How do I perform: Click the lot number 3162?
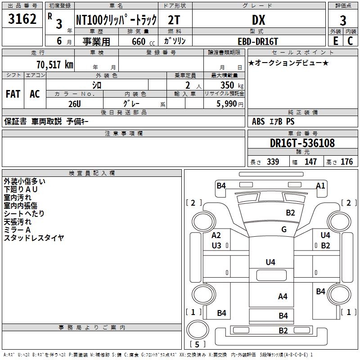tap(22, 19)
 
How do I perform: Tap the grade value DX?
tap(258, 20)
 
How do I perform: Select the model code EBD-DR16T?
tap(258, 41)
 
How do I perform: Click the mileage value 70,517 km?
tap(55, 65)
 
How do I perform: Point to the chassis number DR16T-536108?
tap(302, 143)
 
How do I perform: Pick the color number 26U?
tap(75, 104)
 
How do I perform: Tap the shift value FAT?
tap(13, 94)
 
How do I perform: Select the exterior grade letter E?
tap(336, 41)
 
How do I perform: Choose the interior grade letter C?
tap(350, 41)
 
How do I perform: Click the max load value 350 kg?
tap(232, 85)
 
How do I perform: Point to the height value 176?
tap(346, 162)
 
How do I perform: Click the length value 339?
tap(273, 162)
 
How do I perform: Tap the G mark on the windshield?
tap(284, 229)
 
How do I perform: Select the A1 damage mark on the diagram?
tap(320, 185)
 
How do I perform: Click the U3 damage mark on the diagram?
tap(216, 246)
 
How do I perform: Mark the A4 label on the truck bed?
tap(283, 297)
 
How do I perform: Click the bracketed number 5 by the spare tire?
tap(197, 344)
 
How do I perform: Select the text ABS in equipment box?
tap(258, 121)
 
